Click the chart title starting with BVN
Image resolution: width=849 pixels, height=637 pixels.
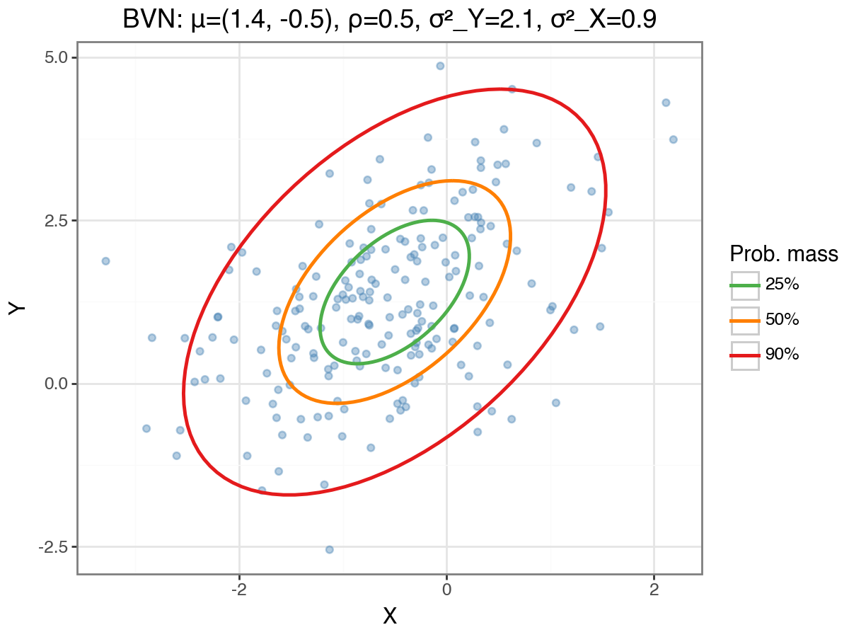389,19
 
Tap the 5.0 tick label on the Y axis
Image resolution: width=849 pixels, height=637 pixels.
56,57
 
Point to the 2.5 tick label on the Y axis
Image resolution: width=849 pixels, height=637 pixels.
56,220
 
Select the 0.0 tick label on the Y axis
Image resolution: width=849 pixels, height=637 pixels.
56,384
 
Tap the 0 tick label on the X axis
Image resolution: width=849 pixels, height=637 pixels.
446,589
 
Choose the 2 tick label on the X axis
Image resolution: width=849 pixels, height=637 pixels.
654,589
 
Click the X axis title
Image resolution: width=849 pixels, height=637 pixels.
390,616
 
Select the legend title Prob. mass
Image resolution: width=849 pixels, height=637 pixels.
784,254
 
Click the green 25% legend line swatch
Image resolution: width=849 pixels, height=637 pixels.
745,285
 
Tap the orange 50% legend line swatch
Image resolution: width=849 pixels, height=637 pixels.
745,320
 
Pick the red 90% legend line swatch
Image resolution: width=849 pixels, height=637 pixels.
745,355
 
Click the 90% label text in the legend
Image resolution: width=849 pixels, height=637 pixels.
782,355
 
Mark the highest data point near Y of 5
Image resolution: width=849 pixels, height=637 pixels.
440,66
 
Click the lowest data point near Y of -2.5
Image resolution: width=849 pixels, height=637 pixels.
329,549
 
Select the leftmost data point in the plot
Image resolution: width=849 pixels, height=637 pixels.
105,261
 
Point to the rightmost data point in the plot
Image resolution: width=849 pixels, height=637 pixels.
673,139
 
